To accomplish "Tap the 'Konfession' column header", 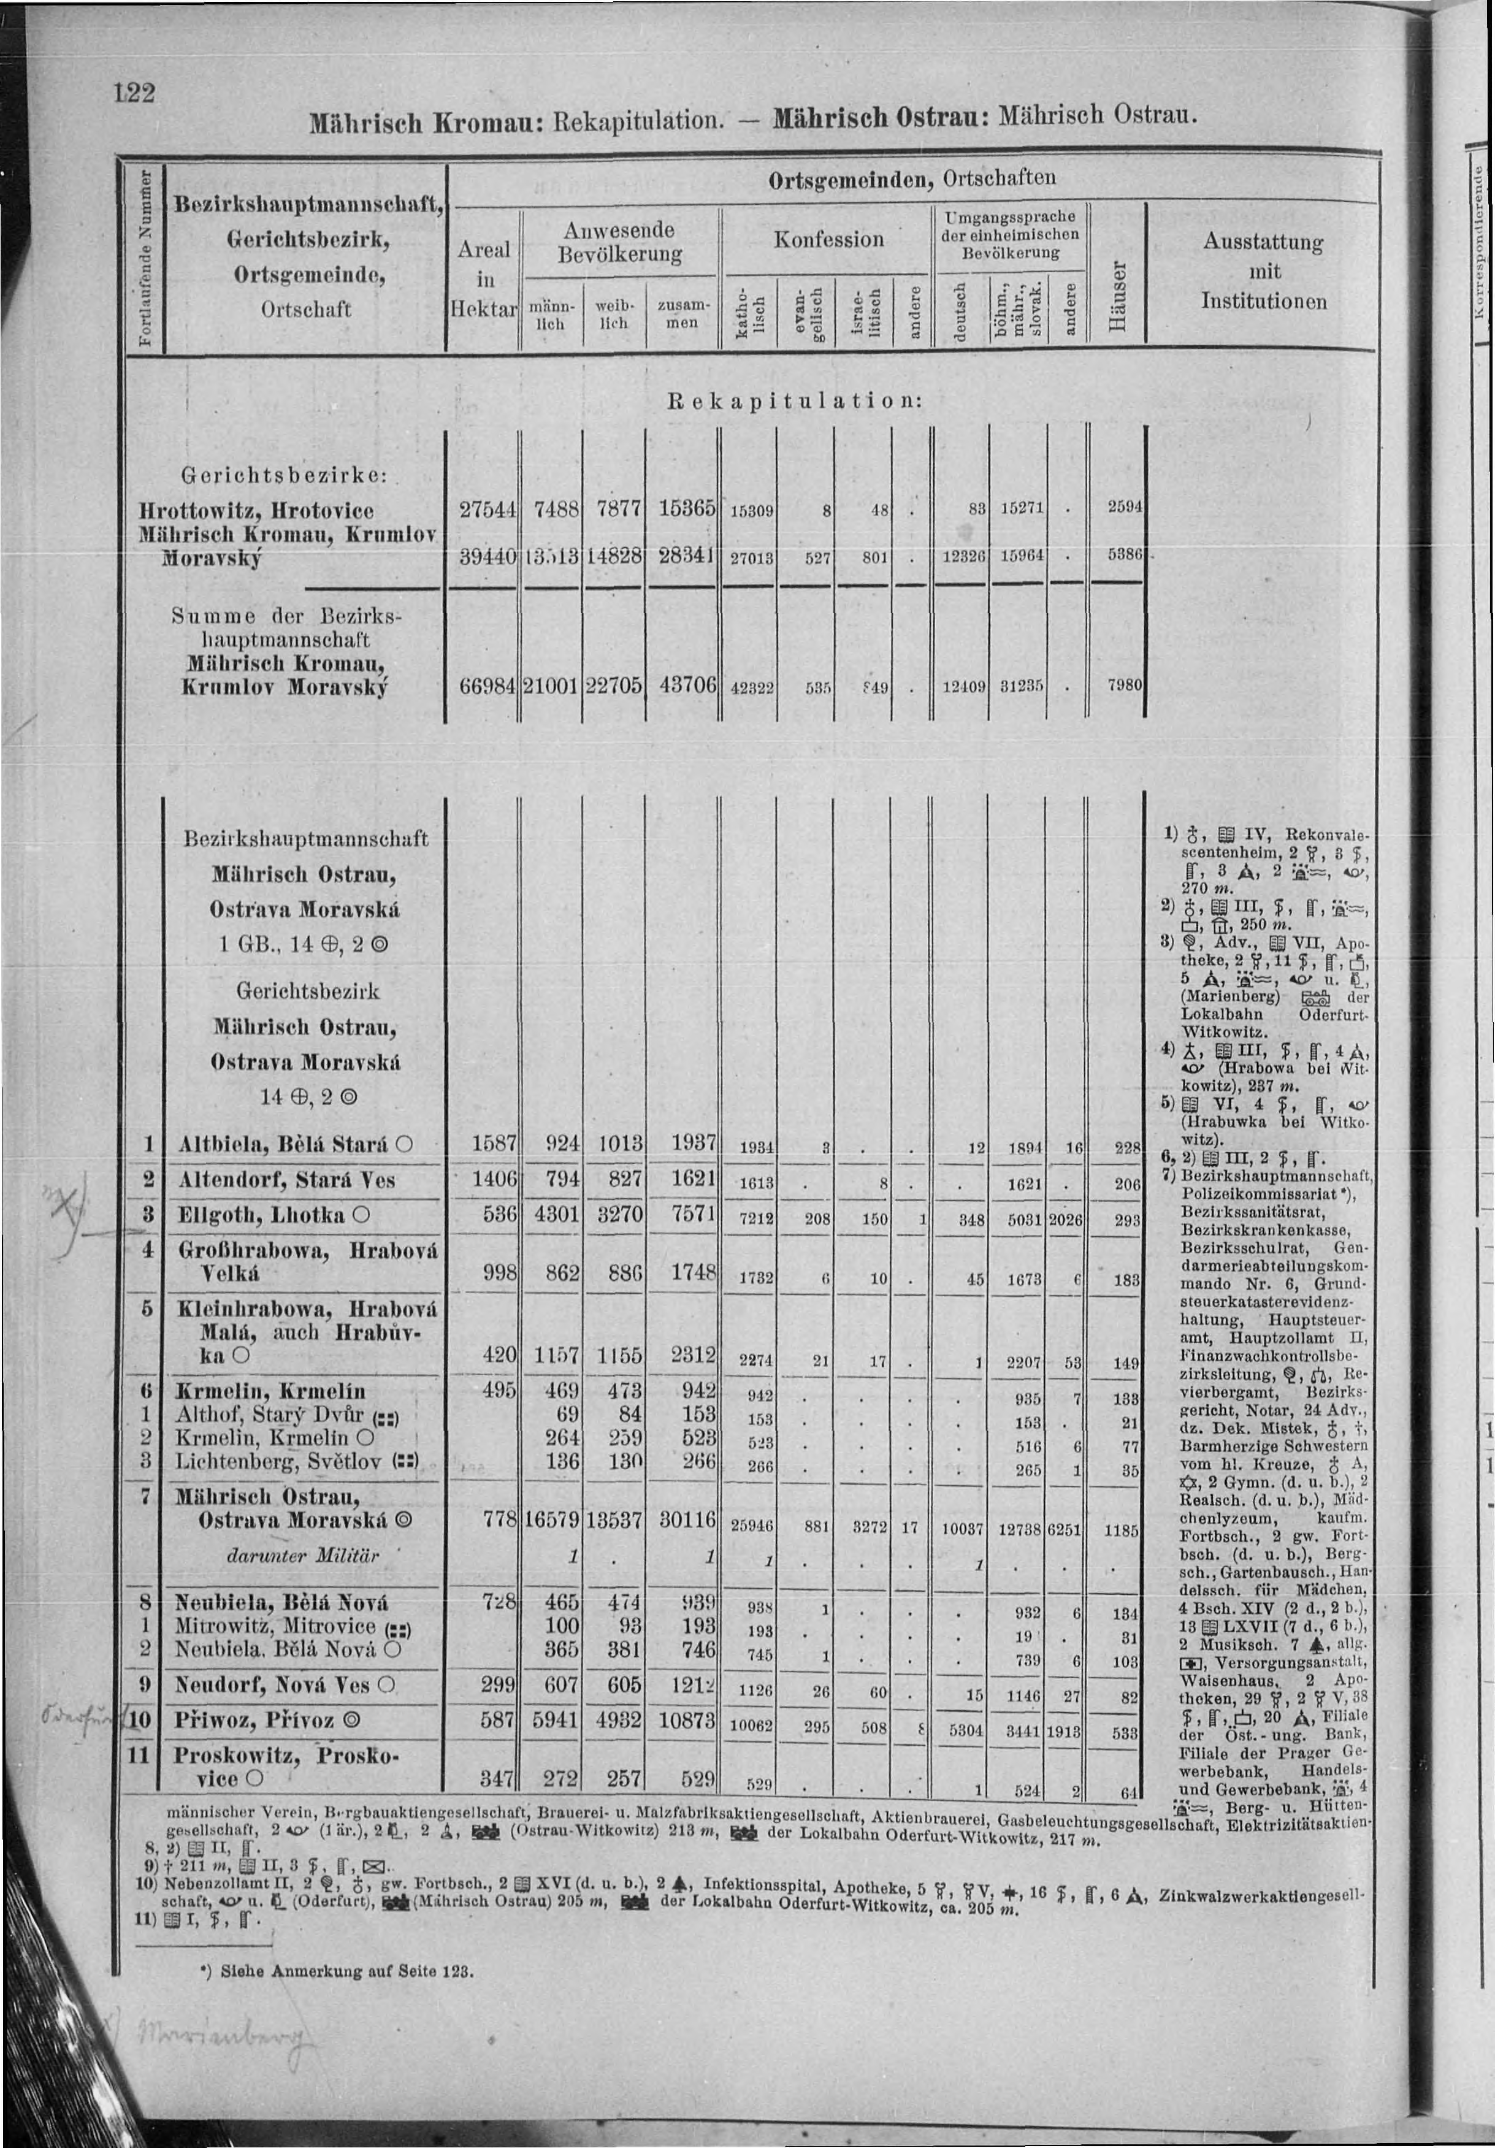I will coord(827,240).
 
